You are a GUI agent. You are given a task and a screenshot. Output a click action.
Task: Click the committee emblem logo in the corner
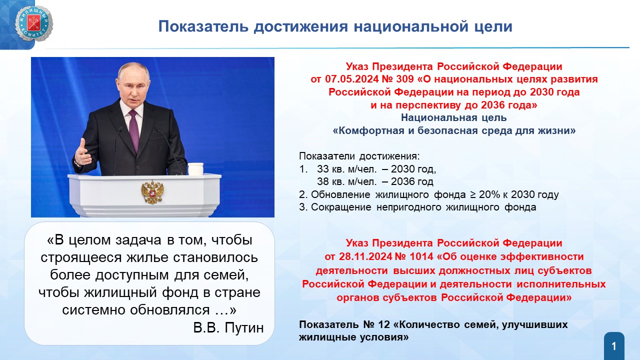click(34, 23)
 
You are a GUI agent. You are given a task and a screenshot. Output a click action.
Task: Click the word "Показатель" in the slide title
click(203, 26)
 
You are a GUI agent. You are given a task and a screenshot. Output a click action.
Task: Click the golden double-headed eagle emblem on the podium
click(152, 191)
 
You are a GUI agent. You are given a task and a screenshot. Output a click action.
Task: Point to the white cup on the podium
click(195, 169)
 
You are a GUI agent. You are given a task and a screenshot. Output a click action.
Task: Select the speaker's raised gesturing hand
click(82, 152)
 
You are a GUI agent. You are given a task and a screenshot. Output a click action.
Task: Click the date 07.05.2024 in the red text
click(351, 79)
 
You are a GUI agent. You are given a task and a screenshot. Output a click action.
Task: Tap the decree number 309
click(405, 79)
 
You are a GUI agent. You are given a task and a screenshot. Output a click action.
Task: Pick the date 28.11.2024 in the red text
click(365, 256)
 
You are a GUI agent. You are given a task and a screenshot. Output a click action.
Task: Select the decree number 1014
click(421, 256)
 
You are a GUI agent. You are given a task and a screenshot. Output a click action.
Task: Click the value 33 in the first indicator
click(323, 169)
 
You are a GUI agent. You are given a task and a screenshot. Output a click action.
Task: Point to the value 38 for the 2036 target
click(323, 181)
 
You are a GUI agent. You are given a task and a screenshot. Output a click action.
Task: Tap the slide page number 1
click(614, 346)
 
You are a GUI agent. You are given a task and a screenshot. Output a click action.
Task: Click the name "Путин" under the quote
click(244, 327)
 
